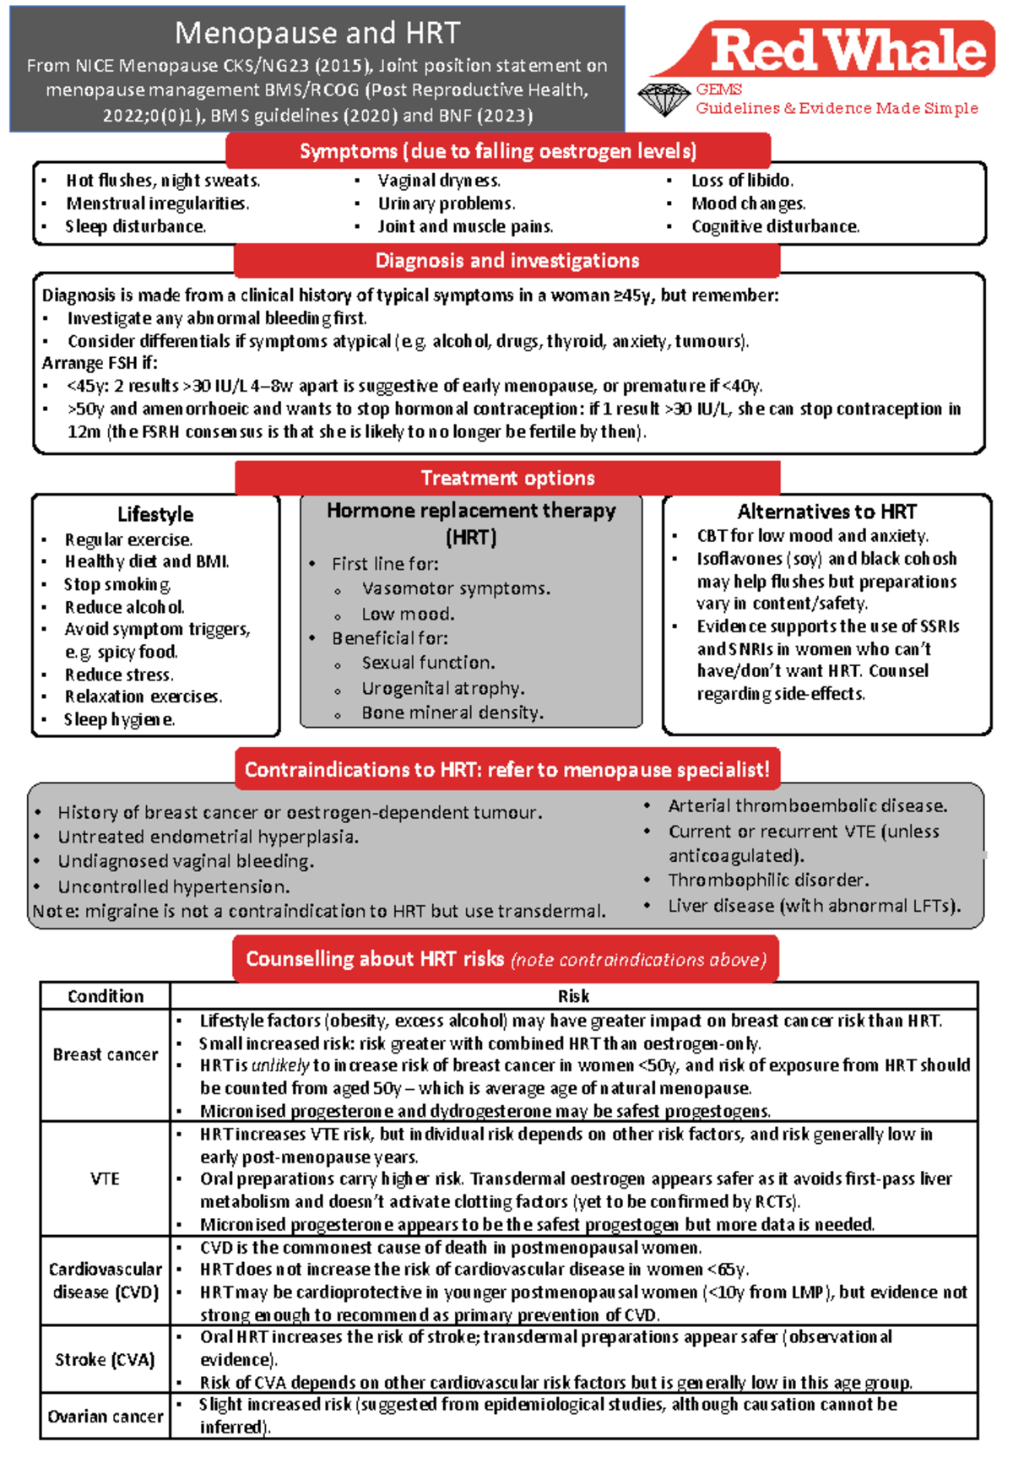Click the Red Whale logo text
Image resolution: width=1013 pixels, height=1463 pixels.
(x=848, y=50)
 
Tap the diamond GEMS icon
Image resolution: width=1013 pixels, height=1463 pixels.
(x=664, y=100)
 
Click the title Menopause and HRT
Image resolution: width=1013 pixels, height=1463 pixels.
(x=317, y=33)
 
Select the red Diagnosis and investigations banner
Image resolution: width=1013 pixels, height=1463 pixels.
(x=506, y=261)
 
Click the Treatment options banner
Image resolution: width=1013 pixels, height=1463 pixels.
(x=507, y=479)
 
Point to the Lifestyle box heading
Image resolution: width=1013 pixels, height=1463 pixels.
(x=155, y=514)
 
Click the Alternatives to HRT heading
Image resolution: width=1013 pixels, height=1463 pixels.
(x=826, y=512)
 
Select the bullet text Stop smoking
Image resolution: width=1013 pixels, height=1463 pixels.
(x=117, y=584)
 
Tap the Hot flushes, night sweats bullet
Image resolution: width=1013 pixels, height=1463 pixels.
(x=163, y=181)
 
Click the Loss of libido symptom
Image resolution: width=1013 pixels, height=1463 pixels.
(x=742, y=181)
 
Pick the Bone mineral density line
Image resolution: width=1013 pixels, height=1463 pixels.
(x=452, y=713)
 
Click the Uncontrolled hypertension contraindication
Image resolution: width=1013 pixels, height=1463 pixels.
(x=173, y=887)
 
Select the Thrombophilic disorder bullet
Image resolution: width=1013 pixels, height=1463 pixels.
(x=768, y=881)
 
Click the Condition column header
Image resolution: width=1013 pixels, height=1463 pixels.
(x=106, y=996)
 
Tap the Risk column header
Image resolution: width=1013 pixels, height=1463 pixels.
(x=573, y=996)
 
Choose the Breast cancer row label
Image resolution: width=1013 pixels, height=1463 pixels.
(x=106, y=1055)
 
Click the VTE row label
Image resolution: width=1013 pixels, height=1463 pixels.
(x=106, y=1179)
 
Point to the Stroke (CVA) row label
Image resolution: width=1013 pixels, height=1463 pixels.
(x=106, y=1360)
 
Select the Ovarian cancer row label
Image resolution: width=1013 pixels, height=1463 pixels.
(x=106, y=1417)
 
